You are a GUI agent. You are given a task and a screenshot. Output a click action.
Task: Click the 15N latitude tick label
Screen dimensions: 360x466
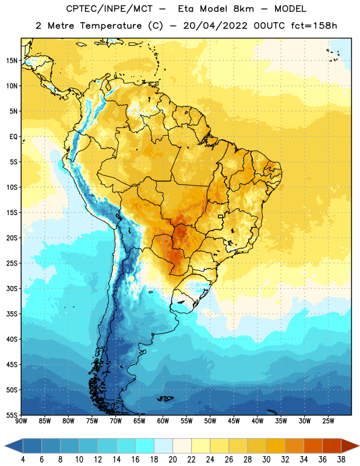click(12, 61)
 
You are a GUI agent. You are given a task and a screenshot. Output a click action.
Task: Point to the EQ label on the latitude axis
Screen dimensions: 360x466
click(13, 137)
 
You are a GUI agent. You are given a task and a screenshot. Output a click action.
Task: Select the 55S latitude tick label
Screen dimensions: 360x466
click(12, 415)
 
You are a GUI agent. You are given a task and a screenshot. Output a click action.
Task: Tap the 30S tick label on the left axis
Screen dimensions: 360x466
click(12, 288)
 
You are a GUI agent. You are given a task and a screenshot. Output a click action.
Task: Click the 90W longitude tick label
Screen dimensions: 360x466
click(21, 421)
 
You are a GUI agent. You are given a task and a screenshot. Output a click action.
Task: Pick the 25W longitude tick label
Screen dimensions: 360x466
click(328, 421)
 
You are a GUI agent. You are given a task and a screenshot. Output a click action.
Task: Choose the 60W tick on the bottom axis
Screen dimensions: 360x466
click(163, 421)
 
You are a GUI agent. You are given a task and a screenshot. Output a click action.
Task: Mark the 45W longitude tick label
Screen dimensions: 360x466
click(234, 421)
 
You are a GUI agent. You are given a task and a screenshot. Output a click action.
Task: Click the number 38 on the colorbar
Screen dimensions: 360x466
click(341, 460)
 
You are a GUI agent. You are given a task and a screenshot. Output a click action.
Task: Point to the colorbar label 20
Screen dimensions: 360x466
click(172, 460)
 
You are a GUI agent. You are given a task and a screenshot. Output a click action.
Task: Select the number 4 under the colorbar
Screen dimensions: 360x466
click(23, 460)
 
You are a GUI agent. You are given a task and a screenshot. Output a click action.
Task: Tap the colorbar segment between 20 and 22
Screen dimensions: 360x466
click(182, 446)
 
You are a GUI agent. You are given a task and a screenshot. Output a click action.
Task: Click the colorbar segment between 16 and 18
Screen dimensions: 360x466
click(144, 446)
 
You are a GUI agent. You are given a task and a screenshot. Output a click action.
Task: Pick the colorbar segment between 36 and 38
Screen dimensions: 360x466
click(332, 446)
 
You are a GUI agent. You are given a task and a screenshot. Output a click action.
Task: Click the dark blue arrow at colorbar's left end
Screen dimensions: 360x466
click(14, 446)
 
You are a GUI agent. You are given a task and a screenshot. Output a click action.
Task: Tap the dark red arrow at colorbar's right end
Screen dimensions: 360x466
click(350, 446)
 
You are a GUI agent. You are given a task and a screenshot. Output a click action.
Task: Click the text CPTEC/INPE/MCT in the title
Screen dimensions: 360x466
click(110, 9)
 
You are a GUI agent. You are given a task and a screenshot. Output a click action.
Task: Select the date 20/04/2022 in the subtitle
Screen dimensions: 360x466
click(215, 26)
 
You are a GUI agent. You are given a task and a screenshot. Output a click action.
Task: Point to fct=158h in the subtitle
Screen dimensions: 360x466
click(314, 26)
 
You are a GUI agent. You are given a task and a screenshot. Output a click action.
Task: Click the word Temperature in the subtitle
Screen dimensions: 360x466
click(111, 26)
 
